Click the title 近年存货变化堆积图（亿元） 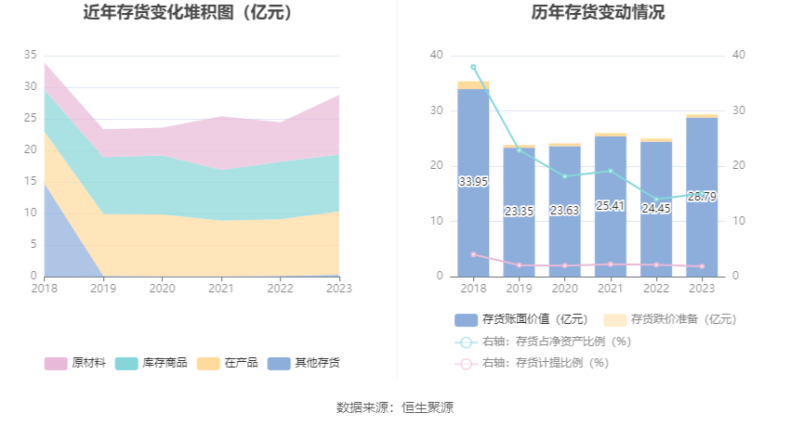pos(191,13)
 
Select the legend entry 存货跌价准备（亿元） pos(669,319)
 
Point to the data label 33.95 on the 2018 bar pos(473,182)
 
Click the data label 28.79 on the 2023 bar pos(702,196)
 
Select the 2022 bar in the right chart pos(656,223)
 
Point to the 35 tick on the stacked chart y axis pos(31,55)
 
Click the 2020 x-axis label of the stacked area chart pos(162,289)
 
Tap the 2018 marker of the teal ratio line pos(473,67)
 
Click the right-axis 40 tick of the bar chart pos(739,55)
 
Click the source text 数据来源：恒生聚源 pos(395,407)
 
